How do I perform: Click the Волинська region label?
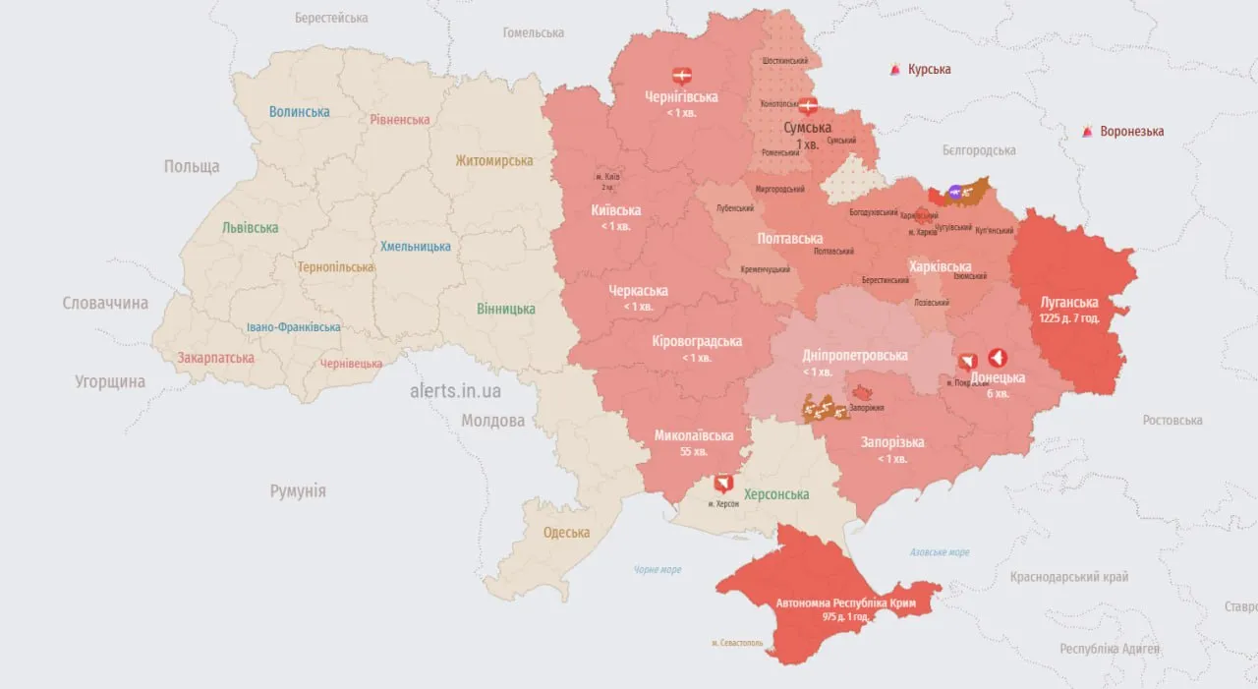(300, 111)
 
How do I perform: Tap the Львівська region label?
(250, 227)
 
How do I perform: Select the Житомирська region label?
(494, 160)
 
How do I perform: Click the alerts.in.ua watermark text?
(455, 390)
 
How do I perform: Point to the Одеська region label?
(566, 533)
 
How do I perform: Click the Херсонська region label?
(775, 494)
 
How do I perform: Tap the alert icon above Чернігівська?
(681, 76)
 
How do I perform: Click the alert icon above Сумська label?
(808, 105)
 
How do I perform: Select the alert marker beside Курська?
(895, 70)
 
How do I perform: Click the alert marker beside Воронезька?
(1088, 132)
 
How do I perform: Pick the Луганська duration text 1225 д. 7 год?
(1070, 318)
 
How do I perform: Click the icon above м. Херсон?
(723, 484)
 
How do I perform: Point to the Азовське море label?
(940, 552)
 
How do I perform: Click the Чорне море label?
(658, 569)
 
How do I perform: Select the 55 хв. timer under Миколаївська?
(694, 452)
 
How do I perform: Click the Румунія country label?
(298, 491)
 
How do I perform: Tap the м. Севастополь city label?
(737, 643)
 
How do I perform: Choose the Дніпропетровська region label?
(854, 356)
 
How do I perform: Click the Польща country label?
(192, 166)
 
